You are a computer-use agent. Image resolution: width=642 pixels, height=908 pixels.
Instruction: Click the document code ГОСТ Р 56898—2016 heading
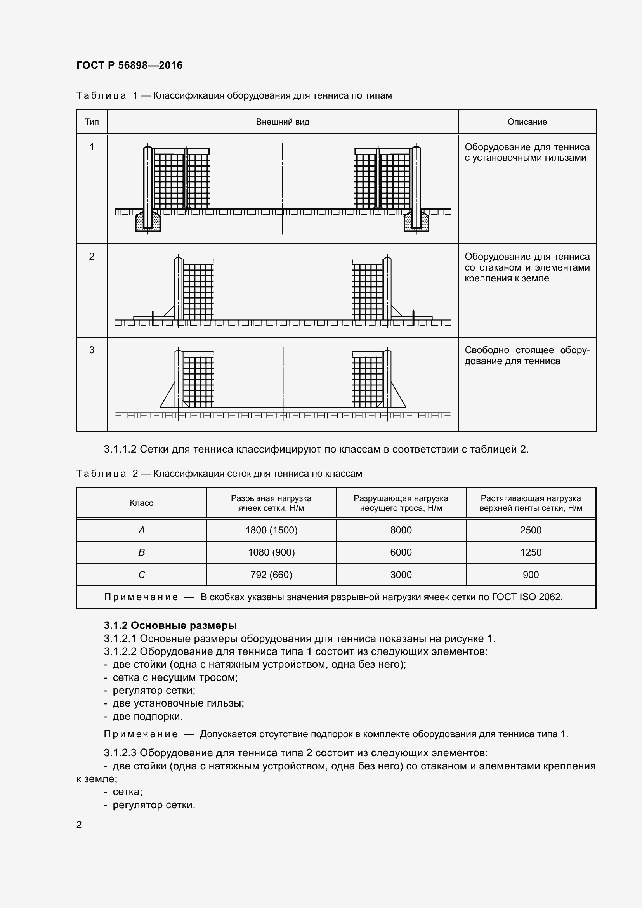tap(129, 65)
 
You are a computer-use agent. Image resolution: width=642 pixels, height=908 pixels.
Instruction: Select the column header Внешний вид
tap(282, 122)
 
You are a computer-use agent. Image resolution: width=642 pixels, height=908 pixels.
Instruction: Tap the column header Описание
tap(527, 122)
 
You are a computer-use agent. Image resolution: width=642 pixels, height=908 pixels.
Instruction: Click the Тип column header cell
tap(92, 122)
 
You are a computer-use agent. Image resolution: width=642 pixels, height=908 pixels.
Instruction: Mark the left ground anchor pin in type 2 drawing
tap(153, 318)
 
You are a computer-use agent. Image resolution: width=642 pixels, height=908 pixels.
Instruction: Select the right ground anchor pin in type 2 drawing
tap(413, 318)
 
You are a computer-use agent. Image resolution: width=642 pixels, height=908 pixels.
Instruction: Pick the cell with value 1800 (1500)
tap(271, 530)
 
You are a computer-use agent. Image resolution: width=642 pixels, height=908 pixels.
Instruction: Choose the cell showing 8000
tap(401, 530)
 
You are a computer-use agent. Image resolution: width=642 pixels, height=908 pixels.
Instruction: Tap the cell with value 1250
tap(531, 552)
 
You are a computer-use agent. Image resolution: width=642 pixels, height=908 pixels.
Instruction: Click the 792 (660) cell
tap(271, 575)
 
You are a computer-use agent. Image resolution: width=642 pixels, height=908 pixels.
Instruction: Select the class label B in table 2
tap(142, 552)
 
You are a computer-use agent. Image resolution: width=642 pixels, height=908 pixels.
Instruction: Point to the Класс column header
tap(142, 503)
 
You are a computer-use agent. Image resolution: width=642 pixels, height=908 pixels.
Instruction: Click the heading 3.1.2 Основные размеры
tap(170, 625)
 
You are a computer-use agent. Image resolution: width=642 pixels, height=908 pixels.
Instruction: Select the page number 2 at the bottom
tap(79, 825)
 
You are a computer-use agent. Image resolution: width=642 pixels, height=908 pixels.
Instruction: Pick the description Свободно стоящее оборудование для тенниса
tap(527, 356)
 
